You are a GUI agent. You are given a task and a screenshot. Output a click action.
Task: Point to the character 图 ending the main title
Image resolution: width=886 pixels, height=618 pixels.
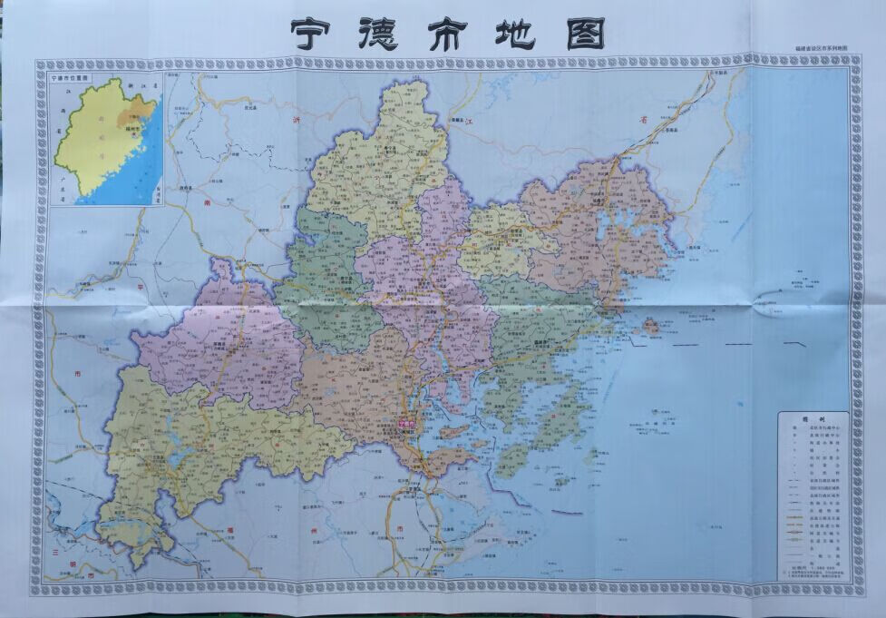(585, 34)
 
